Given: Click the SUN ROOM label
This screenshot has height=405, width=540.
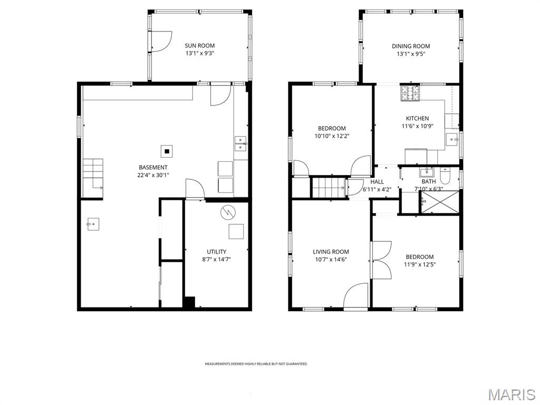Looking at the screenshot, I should pyautogui.click(x=199, y=46).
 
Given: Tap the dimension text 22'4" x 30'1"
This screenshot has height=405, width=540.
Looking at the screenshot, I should pyautogui.click(x=153, y=175).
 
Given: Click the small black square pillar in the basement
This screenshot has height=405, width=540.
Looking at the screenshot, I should pyautogui.click(x=167, y=151).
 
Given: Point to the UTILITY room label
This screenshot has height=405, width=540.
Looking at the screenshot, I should pyautogui.click(x=216, y=252).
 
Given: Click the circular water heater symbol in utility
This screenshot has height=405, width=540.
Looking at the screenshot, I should pyautogui.click(x=228, y=212).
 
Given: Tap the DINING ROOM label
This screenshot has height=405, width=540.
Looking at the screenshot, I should pyautogui.click(x=410, y=46).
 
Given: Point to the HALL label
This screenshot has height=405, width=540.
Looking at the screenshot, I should pyautogui.click(x=377, y=181).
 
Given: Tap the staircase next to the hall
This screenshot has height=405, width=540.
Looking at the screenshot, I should pyautogui.click(x=327, y=187).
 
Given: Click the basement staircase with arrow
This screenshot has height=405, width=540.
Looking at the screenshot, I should pyautogui.click(x=92, y=174).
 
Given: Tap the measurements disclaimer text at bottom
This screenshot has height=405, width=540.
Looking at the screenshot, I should pyautogui.click(x=256, y=364).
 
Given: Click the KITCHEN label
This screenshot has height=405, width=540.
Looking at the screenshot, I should pyautogui.click(x=417, y=119).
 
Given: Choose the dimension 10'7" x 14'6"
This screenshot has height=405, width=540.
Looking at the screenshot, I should pyautogui.click(x=331, y=259).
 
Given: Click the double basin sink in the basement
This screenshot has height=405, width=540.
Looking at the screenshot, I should pyautogui.click(x=241, y=144).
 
